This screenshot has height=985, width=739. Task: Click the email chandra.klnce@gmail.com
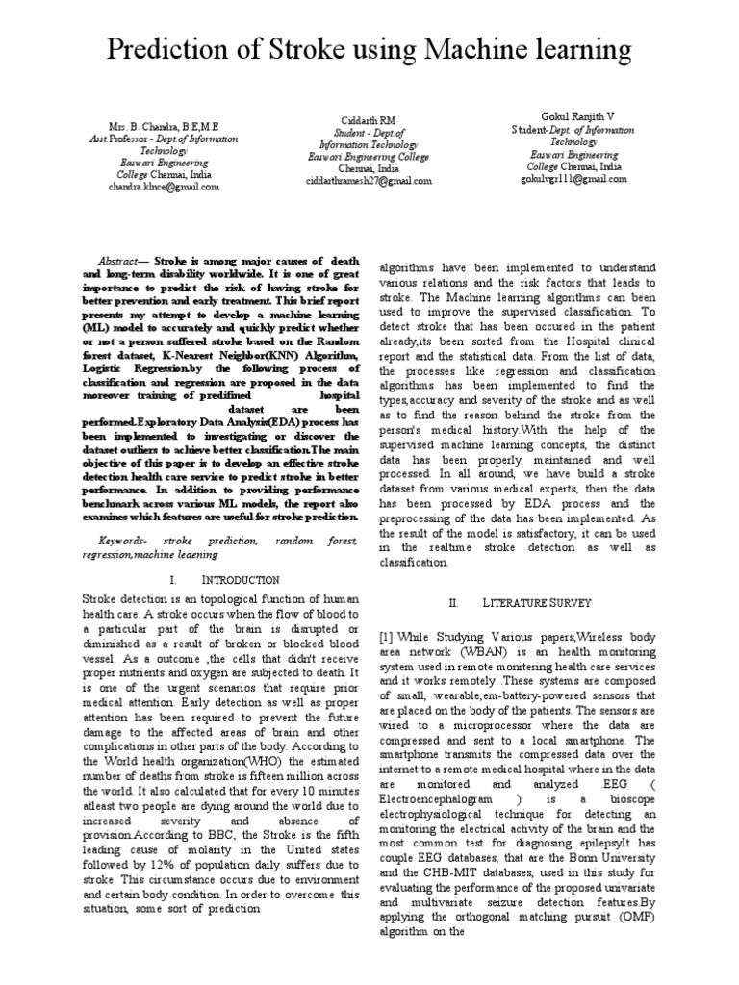164,188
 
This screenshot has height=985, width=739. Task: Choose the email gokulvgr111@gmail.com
573,179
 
